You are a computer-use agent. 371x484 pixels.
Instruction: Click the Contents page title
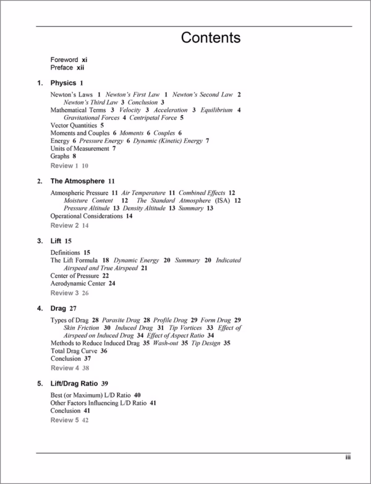[210, 38]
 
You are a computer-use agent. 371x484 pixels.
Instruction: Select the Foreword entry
[64, 59]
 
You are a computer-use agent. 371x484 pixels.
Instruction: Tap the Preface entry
[62, 67]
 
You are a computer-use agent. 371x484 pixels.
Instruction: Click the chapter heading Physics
[63, 83]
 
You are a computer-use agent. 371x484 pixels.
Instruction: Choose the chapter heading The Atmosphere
[77, 181]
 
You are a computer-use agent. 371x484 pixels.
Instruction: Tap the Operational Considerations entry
[87, 216]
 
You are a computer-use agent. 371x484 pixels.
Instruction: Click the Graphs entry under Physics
[60, 157]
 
